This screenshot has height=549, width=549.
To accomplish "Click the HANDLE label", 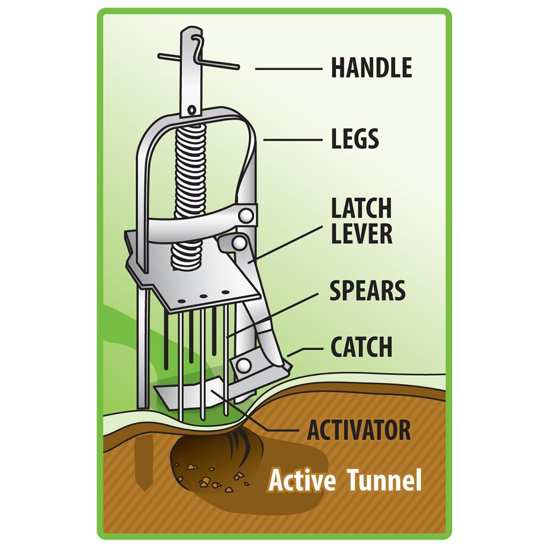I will [371, 68].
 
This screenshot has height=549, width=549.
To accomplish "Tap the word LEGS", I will [355, 139].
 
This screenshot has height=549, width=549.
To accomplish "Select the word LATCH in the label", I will [361, 209].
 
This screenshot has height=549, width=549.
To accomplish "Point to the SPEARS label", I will [367, 291].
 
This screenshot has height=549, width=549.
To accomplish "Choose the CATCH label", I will [361, 347].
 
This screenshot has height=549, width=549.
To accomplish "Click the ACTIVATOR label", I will [359, 430].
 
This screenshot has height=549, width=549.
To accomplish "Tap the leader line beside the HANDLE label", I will [288, 69].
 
